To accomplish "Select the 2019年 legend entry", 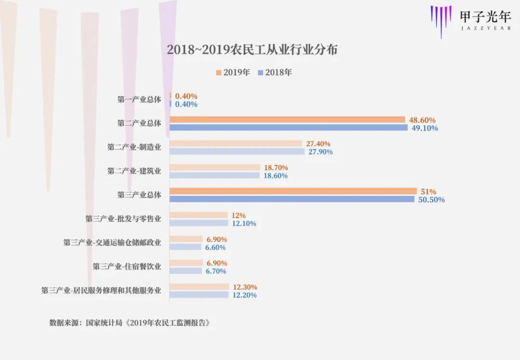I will (x=233, y=73).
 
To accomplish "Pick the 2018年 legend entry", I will (x=275, y=73).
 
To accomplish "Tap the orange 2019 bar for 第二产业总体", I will (x=287, y=119).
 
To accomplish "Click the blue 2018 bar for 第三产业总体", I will (x=292, y=199).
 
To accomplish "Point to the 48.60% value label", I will (x=422, y=120).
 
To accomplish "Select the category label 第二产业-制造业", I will (x=134, y=147).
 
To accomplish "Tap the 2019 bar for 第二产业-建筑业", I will (x=215, y=167).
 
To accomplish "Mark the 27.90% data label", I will (x=319, y=152).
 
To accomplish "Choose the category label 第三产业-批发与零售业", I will (x=123, y=219).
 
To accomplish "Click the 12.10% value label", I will (x=243, y=223).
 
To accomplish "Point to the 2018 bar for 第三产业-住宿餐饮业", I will (x=185, y=271).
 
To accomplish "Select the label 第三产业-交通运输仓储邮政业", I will (x=112, y=243).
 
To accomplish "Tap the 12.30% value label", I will (x=244, y=287).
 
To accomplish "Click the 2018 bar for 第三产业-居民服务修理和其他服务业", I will (x=199, y=295).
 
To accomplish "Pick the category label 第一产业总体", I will (x=139, y=100).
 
